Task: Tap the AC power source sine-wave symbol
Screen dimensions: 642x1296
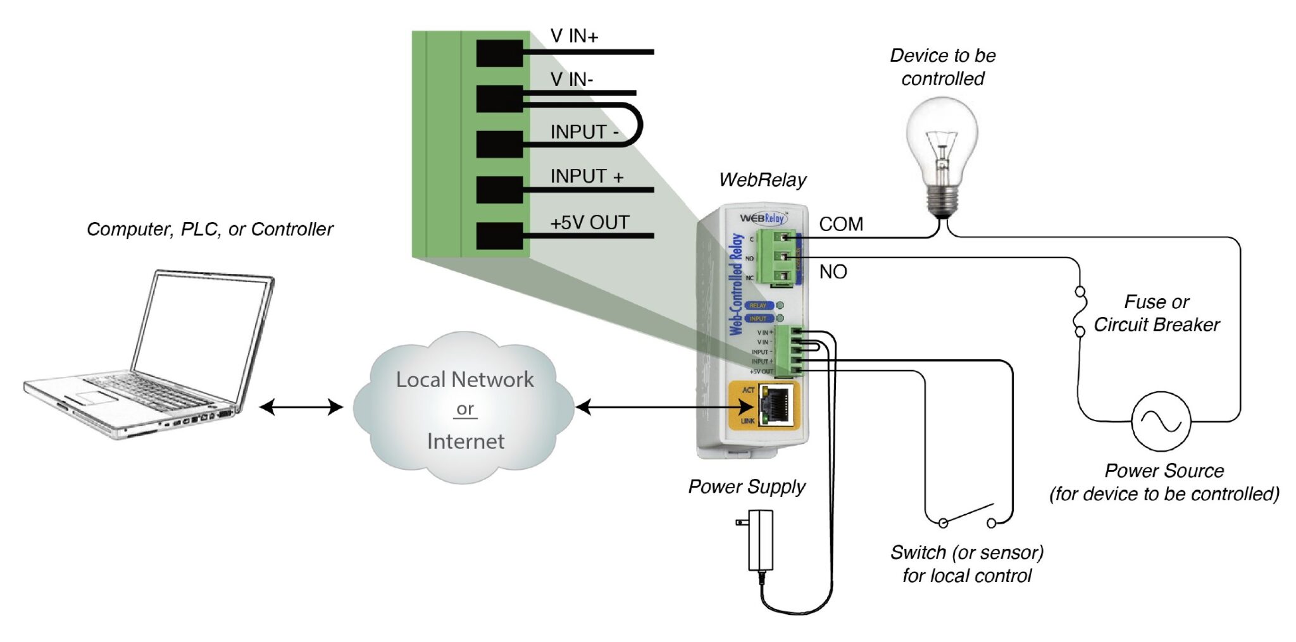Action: pyautogui.click(x=1161, y=421)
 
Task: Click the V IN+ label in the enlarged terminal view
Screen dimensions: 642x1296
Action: pyautogui.click(x=574, y=36)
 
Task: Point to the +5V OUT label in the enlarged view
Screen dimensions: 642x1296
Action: pyautogui.click(x=589, y=223)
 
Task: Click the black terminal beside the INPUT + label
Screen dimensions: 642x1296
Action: pyautogui.click(x=499, y=190)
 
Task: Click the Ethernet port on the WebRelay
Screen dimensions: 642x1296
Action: pyautogui.click(x=776, y=406)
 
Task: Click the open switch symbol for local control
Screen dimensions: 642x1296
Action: pyautogui.click(x=967, y=515)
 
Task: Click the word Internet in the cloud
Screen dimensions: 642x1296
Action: pyautogui.click(x=466, y=441)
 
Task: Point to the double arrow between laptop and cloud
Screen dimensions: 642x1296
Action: pyautogui.click(x=301, y=407)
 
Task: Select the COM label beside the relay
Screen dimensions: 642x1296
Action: pyautogui.click(x=840, y=224)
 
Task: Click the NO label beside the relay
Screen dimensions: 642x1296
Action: pyautogui.click(x=833, y=272)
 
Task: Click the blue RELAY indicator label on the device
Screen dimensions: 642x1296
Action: pyautogui.click(x=758, y=306)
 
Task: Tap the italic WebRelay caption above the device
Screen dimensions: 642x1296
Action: pyautogui.click(x=763, y=180)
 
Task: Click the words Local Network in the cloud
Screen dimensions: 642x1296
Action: pyautogui.click(x=464, y=380)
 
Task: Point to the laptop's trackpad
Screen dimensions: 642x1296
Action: pyautogui.click(x=95, y=397)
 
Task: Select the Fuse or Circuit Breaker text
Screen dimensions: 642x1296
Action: pyautogui.click(x=1156, y=313)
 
